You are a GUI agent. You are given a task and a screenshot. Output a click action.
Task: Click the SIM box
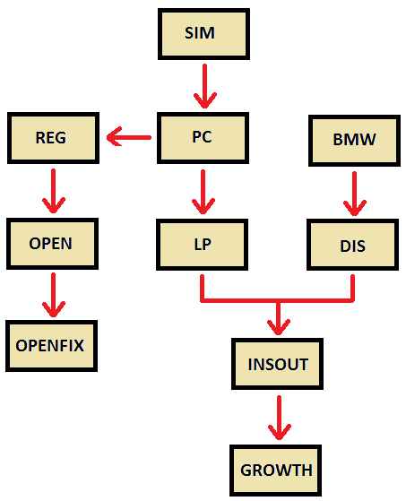pyautogui.click(x=203, y=34)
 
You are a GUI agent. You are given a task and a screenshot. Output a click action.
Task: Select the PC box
pyautogui.click(x=203, y=138)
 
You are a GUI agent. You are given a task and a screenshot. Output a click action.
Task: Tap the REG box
pyautogui.click(x=54, y=138)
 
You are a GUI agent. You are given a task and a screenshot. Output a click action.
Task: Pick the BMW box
pyautogui.click(x=354, y=141)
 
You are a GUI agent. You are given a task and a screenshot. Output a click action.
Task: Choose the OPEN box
pyautogui.click(x=52, y=244)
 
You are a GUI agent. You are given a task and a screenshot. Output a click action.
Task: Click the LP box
pyautogui.click(x=202, y=245)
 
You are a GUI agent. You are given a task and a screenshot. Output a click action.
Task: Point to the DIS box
pyautogui.click(x=352, y=245)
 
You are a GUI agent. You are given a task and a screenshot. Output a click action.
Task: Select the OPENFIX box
pyautogui.click(x=51, y=346)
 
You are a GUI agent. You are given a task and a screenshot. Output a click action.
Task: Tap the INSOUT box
pyautogui.click(x=277, y=364)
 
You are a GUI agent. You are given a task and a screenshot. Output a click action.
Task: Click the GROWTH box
pyautogui.click(x=275, y=471)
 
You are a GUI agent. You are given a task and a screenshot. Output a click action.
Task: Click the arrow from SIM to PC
pyautogui.click(x=204, y=86)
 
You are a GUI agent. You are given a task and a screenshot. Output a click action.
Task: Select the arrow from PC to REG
pyautogui.click(x=129, y=137)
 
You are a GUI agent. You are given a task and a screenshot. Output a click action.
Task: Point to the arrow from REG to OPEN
pyautogui.click(x=54, y=191)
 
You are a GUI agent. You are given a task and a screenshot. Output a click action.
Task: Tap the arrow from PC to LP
pyautogui.click(x=203, y=192)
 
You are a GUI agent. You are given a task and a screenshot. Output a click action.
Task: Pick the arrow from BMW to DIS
pyautogui.click(x=355, y=194)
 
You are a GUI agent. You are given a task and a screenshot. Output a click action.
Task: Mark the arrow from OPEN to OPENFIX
pyautogui.click(x=54, y=295)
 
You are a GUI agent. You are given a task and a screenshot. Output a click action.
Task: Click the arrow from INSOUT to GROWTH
pyautogui.click(x=280, y=418)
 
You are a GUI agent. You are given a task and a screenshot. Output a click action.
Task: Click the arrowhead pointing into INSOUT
pyautogui.click(x=279, y=327)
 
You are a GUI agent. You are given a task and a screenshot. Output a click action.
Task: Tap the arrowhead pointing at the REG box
pyautogui.click(x=115, y=137)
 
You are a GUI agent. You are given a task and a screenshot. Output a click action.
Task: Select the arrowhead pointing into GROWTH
pyautogui.click(x=280, y=432)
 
